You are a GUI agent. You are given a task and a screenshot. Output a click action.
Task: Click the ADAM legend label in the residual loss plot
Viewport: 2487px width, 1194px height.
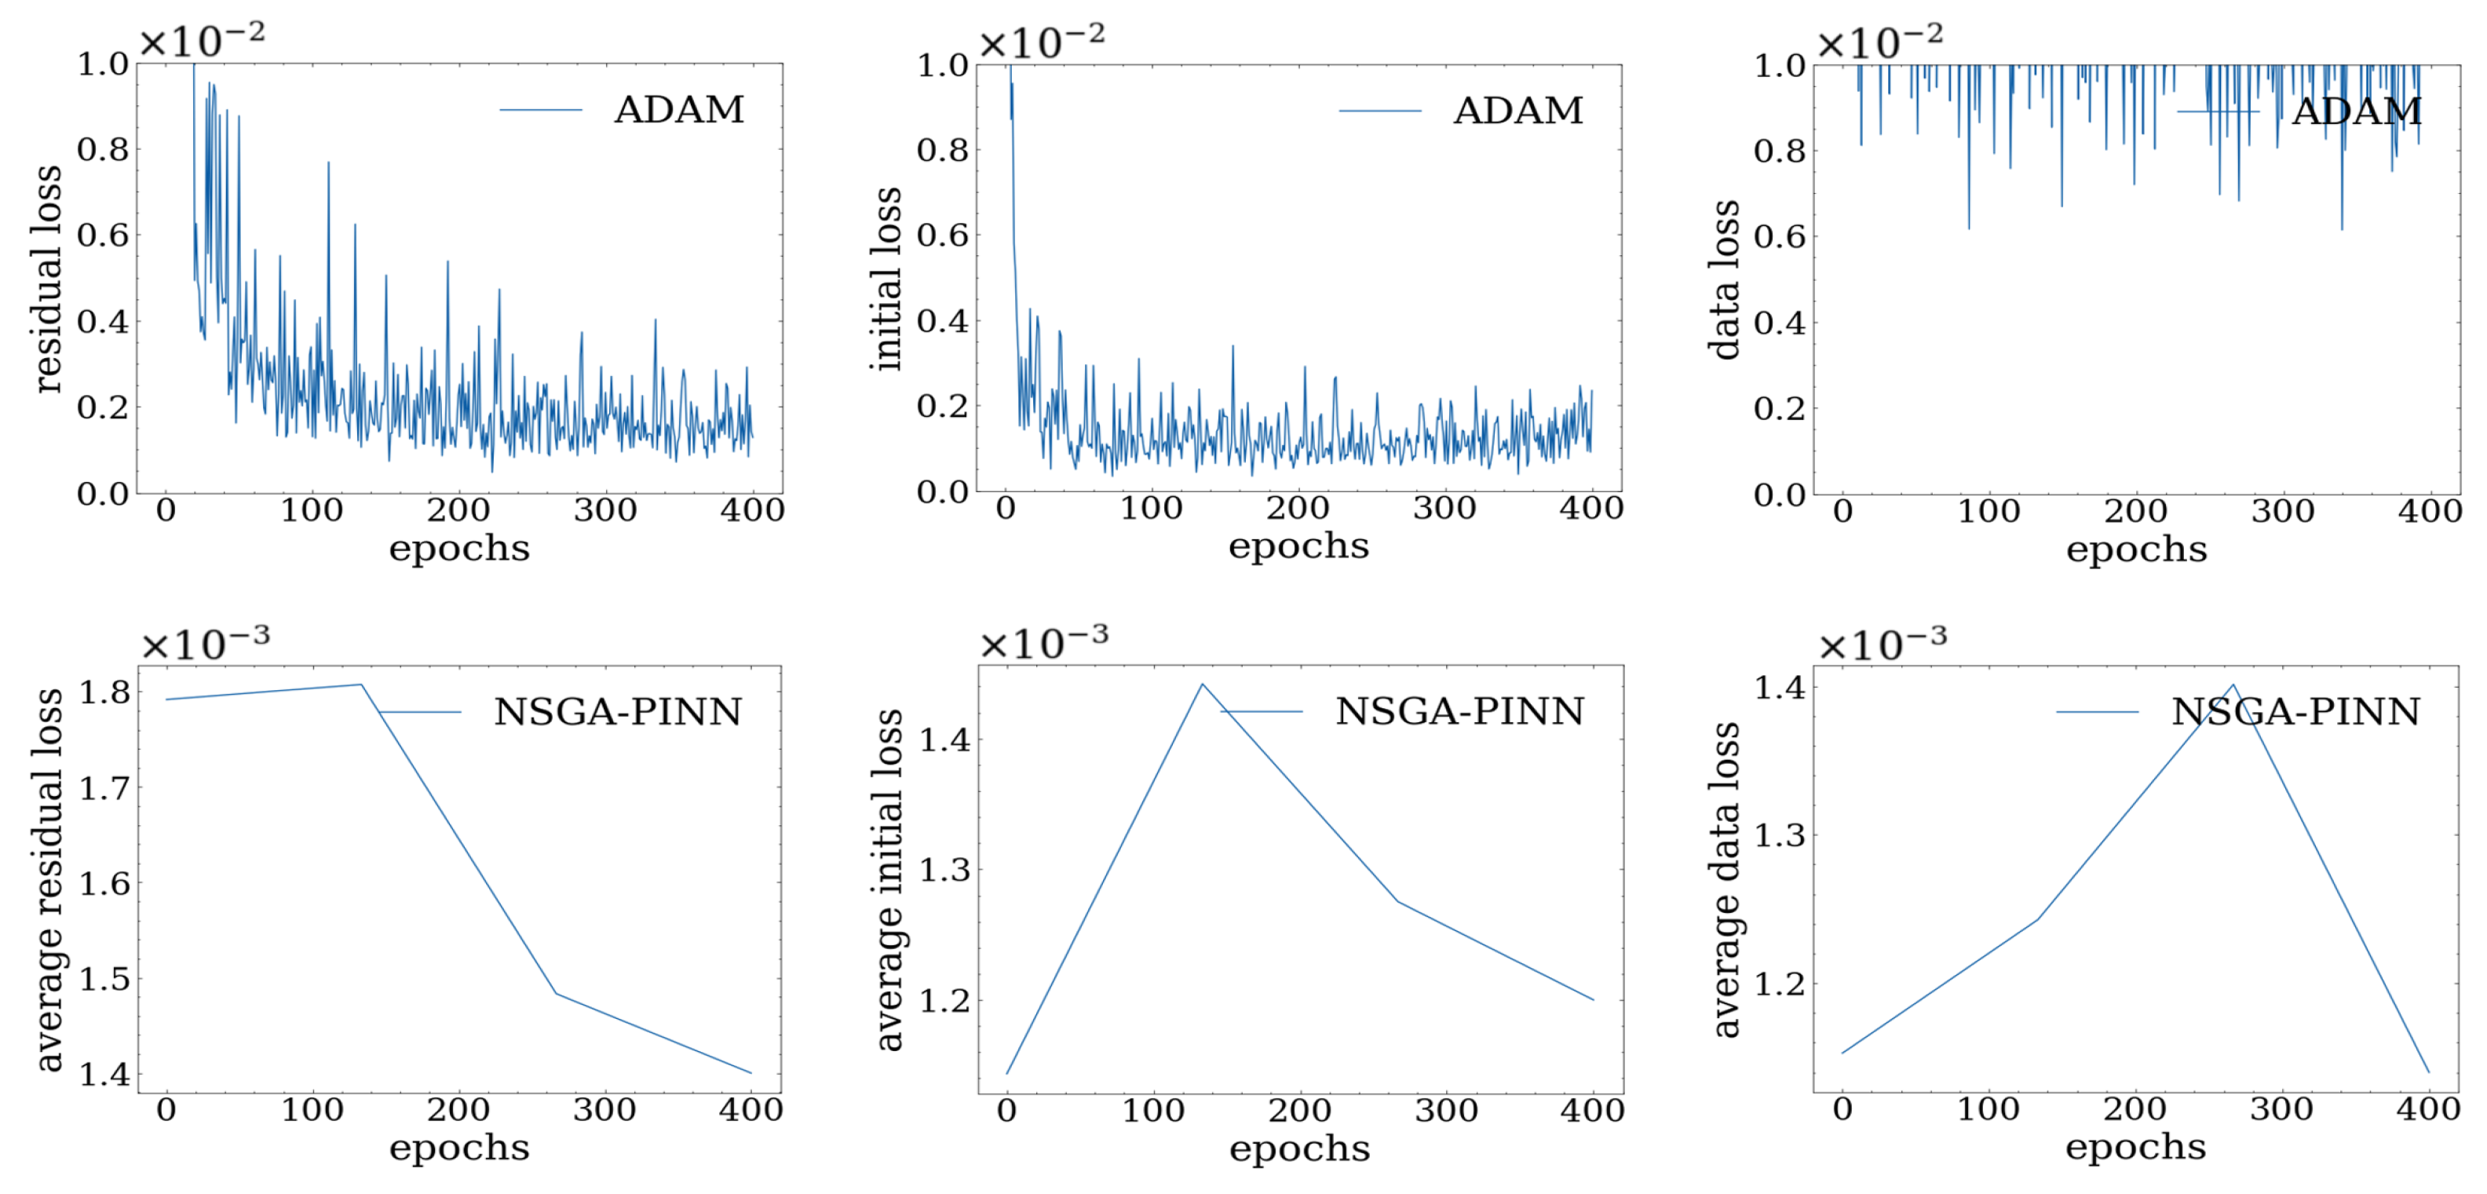(679, 109)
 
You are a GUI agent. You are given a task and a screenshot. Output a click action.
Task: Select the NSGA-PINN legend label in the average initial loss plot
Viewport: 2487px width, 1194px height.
(1459, 711)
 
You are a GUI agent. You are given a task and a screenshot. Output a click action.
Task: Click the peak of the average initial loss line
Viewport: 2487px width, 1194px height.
(1202, 685)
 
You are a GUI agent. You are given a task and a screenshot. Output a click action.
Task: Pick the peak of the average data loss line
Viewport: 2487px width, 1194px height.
(2232, 685)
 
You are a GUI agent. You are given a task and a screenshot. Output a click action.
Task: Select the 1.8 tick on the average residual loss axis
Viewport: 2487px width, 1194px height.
(104, 692)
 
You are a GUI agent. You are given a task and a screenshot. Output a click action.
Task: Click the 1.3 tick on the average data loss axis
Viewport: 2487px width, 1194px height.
(1778, 835)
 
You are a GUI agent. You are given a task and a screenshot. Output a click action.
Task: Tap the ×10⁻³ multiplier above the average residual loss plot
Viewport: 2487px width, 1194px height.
(205, 643)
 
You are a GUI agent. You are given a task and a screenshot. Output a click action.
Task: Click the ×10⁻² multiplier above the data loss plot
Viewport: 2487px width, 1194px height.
(1879, 42)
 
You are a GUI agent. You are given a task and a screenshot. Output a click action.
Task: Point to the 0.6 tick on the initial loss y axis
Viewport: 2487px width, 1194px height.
(942, 235)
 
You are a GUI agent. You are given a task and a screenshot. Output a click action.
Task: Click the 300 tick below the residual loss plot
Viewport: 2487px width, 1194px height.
(605, 509)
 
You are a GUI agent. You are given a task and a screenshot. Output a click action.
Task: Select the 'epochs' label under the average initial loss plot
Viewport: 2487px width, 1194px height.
(1298, 1148)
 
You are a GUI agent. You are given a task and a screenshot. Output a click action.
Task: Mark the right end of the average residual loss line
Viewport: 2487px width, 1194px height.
(750, 1072)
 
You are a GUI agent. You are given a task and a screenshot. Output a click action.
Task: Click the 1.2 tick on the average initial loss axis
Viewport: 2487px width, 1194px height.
(944, 1001)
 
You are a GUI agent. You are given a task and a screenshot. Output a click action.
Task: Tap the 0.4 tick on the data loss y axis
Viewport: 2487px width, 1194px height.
(1780, 323)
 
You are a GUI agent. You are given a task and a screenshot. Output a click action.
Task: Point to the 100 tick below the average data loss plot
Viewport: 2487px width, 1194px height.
(1988, 1109)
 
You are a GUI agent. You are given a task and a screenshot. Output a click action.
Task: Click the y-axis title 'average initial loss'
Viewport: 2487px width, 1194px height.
(887, 879)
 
